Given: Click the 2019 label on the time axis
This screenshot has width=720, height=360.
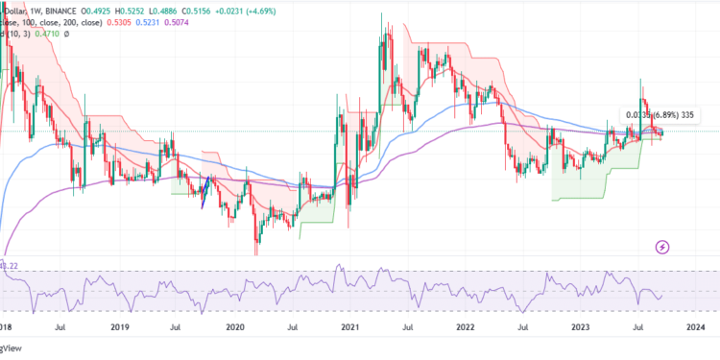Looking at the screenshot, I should [x=119, y=327].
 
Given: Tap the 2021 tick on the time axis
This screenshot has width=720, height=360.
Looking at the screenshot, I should [x=349, y=327].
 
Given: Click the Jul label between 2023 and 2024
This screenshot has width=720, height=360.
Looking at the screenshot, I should [x=639, y=327].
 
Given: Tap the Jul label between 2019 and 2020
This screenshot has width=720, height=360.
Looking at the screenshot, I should [x=176, y=327].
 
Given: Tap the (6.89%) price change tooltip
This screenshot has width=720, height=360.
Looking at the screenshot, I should [x=648, y=115].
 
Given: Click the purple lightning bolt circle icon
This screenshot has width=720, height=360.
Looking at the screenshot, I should [x=662, y=248].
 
